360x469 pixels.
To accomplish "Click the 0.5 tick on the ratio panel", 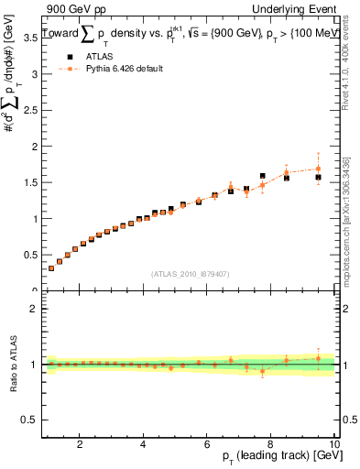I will click(x=27, y=419).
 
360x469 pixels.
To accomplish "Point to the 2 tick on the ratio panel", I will click(x=32, y=309).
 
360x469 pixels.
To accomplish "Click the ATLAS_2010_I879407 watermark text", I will click(x=190, y=272).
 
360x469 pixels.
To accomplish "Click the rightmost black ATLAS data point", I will click(x=318, y=177).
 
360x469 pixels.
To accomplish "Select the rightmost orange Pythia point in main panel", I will click(x=318, y=169).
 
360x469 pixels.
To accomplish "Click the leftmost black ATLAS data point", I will click(x=51, y=267).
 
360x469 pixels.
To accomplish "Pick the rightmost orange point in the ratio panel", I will click(x=318, y=358).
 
